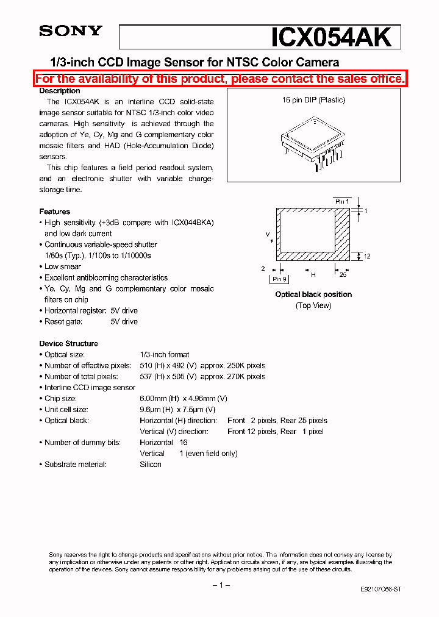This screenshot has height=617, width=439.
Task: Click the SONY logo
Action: coord(71,31)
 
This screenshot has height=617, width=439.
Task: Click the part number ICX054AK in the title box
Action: coord(331,37)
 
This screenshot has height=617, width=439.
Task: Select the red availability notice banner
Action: coord(220,79)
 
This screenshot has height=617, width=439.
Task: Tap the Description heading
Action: coord(60,91)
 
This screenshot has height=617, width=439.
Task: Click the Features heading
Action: coord(55,212)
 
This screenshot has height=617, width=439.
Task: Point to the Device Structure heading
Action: coord(68,343)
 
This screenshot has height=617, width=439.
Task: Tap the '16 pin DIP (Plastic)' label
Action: coord(313,100)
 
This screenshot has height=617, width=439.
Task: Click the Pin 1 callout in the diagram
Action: coord(342,201)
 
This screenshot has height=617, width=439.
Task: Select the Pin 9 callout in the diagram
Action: coord(279,279)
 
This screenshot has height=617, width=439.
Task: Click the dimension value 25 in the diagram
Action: coord(343,275)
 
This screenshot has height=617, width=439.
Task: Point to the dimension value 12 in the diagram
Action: coord(367,257)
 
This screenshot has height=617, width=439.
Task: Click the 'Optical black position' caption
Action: coord(313,294)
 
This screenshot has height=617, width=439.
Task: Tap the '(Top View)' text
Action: coord(313,305)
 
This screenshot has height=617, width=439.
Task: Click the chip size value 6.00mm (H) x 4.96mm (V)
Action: coord(183,398)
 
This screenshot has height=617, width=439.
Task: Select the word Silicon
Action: coord(151,464)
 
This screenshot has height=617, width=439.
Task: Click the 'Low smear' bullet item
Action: coord(62,266)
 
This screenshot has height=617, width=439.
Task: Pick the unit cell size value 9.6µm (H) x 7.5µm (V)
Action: coord(177,409)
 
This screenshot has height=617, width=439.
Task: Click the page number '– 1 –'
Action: coord(220,585)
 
